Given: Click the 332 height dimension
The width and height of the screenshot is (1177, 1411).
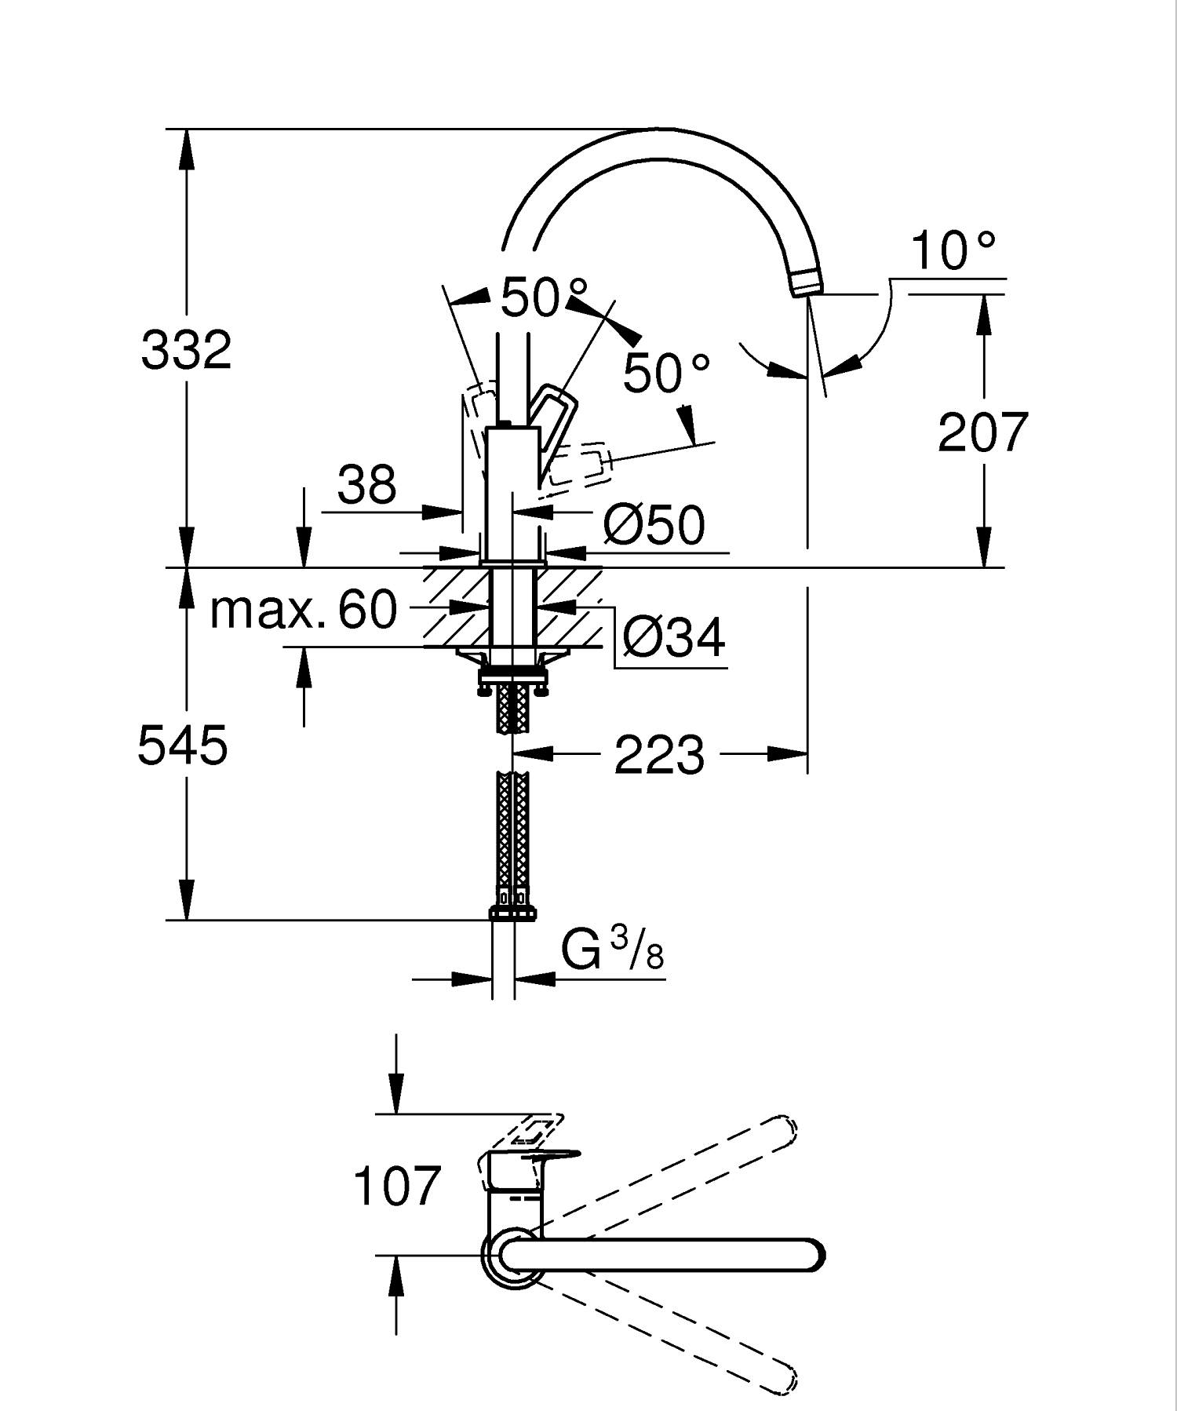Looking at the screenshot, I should click(187, 350).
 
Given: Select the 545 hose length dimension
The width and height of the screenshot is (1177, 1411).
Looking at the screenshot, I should click(182, 745).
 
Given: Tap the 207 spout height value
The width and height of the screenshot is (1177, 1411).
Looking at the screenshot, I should click(982, 432).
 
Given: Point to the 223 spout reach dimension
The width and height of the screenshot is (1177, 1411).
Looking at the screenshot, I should click(659, 756).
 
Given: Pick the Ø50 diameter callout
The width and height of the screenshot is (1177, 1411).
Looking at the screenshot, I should click(654, 525).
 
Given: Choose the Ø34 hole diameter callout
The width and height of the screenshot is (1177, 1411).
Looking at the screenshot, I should click(673, 637).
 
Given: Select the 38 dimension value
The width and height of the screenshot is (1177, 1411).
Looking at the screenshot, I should click(366, 485).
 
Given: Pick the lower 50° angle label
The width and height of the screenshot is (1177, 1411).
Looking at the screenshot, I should click(666, 373).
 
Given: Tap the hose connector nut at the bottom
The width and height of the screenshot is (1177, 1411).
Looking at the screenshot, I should click(512, 913).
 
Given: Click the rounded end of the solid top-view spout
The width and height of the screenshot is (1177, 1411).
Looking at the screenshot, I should click(812, 1255).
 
